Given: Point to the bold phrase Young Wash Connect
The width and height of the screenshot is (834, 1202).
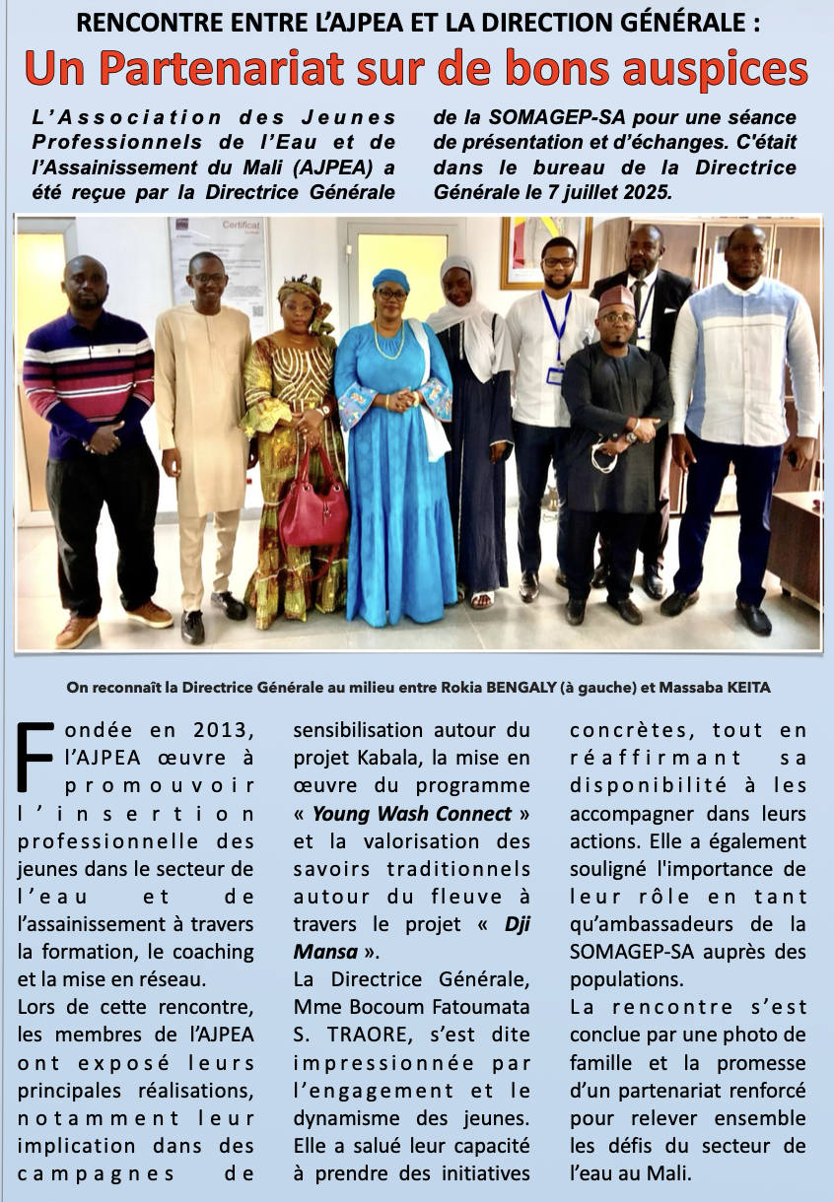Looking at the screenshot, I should (412, 814).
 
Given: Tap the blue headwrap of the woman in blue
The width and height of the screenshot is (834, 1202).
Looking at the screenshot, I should (390, 279).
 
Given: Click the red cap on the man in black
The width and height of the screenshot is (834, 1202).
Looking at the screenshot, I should (615, 299).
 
